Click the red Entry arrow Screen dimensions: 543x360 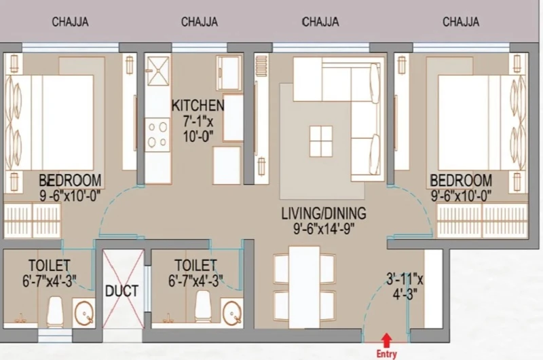[x=386, y=340]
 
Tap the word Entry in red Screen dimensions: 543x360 [x=386, y=354]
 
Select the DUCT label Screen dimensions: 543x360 [x=122, y=291]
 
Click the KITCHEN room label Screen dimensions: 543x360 [x=198, y=105]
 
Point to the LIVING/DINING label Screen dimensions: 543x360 [x=324, y=213]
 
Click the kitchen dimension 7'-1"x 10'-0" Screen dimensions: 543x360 [x=198, y=128]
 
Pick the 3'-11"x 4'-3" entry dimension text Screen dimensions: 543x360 [x=405, y=287]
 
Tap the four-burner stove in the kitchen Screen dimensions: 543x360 [x=157, y=134]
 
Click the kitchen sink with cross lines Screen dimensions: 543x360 [x=158, y=71]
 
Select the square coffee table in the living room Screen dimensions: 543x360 [x=321, y=141]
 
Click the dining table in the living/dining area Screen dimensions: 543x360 [x=304, y=287]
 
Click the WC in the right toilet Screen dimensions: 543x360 [x=203, y=306]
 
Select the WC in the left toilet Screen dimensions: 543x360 [x=55, y=311]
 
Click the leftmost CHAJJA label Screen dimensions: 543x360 [x=71, y=22]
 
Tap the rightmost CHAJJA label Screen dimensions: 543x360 [x=461, y=22]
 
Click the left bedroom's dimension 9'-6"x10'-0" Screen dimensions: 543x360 [x=70, y=196]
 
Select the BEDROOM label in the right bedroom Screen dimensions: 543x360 [x=461, y=181]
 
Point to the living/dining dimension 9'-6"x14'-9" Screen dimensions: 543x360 [x=324, y=229]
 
